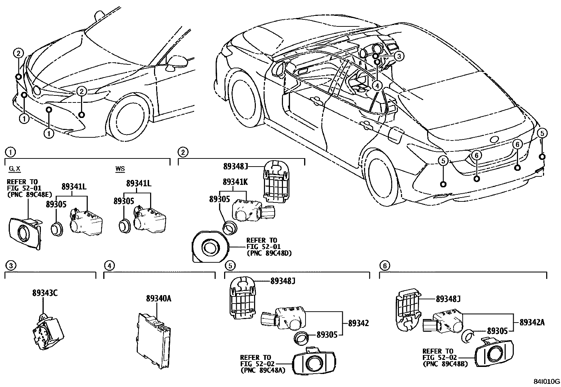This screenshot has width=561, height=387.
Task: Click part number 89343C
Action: coord(45,292)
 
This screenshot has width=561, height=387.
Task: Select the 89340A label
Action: coord(159,299)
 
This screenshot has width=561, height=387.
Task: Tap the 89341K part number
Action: coord(235,182)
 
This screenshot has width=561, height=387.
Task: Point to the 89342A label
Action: coord(532,322)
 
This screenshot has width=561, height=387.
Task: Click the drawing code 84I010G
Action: coord(546,381)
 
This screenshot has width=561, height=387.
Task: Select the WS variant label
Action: coord(120,169)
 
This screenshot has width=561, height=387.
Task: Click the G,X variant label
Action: coord(14,169)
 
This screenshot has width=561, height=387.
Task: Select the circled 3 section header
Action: coord(11,266)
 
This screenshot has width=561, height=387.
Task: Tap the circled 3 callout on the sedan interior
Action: coord(398,56)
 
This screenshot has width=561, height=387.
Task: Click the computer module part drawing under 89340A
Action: coord(154,342)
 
